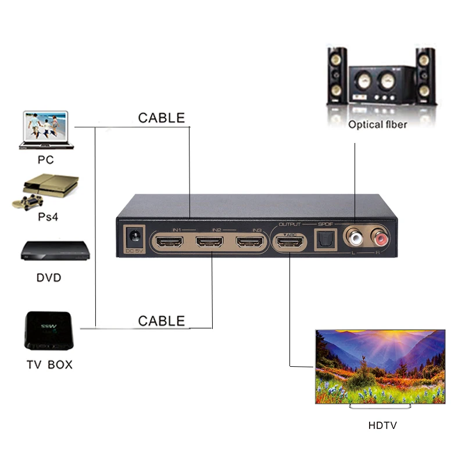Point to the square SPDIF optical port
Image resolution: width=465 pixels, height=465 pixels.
(x=324, y=239)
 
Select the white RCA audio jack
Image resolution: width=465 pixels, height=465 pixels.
(x=354, y=237)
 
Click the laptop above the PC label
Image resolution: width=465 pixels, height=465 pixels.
(x=43, y=130)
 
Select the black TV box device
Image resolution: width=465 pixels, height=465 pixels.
(x=49, y=331)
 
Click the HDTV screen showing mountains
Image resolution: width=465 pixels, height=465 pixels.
(x=380, y=366)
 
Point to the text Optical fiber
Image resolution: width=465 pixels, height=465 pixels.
(x=377, y=124)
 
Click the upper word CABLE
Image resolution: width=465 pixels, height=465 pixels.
(x=161, y=118)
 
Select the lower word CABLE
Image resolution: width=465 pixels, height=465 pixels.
(x=161, y=321)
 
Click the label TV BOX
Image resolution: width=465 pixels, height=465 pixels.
(x=49, y=366)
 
